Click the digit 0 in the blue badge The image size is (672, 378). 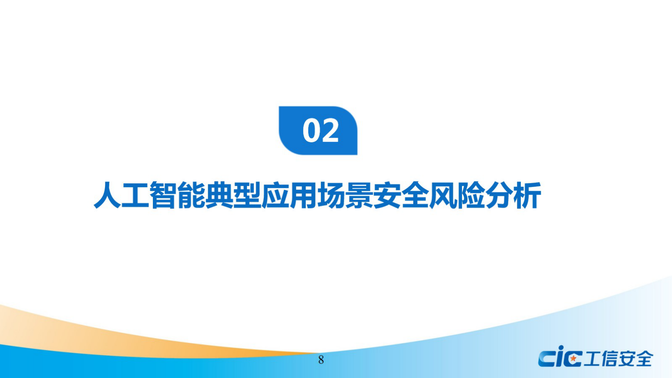[311, 131]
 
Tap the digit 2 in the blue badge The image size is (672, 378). [330, 131]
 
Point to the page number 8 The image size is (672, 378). [321, 360]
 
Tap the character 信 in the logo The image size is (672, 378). [608, 359]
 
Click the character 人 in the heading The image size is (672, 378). [107, 195]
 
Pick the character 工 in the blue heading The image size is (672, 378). [135, 195]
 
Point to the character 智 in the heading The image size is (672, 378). [163, 195]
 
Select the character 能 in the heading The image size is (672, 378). [191, 195]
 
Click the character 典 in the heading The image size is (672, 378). [219, 195]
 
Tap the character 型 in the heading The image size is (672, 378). [247, 195]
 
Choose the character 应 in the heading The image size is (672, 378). [275, 195]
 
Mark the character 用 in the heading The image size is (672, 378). [303, 195]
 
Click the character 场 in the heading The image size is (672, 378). [331, 195]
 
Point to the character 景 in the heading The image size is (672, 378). [359, 195]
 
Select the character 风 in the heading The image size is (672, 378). [442, 195]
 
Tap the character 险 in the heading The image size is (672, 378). [470, 195]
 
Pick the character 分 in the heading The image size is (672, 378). [498, 195]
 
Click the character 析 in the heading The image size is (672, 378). [526, 195]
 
